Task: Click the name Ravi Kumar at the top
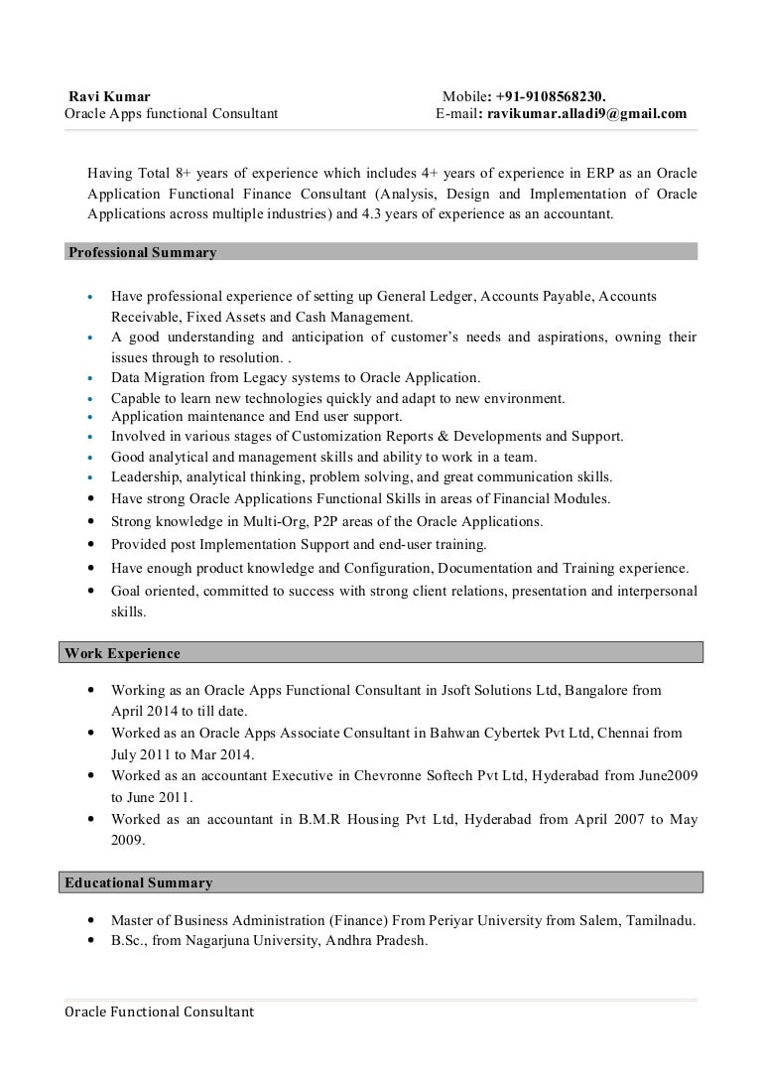pos(109,96)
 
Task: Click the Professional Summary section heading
pos(142,252)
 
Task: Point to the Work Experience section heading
pos(123,653)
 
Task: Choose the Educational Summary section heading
pos(139,882)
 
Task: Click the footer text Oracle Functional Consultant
pos(160,1012)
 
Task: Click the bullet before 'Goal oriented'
pos(90,592)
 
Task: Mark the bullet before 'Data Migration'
pos(90,378)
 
